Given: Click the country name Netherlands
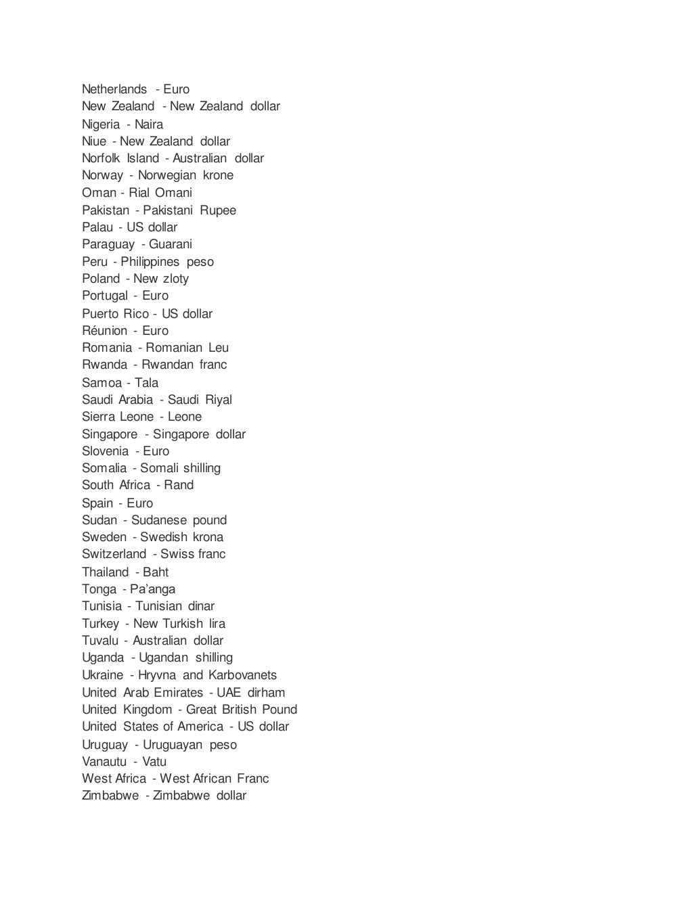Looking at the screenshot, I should [x=114, y=89].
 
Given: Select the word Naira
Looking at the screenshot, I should [x=149, y=124].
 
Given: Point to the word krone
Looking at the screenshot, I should [x=218, y=175].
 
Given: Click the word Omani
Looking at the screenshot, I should [x=173, y=193].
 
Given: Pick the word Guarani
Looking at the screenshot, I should [x=171, y=244].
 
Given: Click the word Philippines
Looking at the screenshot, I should [x=150, y=262].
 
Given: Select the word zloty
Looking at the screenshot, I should [x=176, y=279].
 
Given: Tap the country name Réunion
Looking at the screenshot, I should [x=105, y=331].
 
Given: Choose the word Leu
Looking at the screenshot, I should [x=219, y=348].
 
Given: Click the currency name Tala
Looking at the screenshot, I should [x=146, y=383].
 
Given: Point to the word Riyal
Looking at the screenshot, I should [x=219, y=400].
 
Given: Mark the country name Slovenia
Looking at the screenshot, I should [x=106, y=451].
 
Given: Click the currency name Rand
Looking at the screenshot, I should [x=179, y=485].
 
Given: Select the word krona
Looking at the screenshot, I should [x=208, y=537].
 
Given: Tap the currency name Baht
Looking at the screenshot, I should [x=156, y=572].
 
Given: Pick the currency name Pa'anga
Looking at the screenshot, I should [x=153, y=589].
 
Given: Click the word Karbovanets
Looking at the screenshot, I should [x=242, y=675].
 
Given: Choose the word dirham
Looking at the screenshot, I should [x=266, y=693].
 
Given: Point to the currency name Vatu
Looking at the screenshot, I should [x=154, y=762].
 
